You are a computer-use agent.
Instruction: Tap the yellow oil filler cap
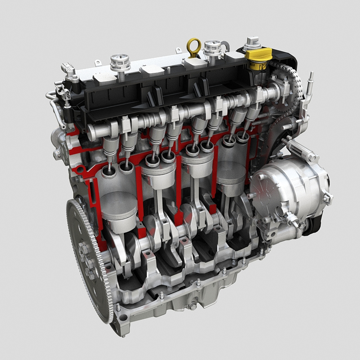259,57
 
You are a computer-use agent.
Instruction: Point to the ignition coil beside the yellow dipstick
212,49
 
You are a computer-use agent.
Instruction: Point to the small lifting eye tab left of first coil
98,62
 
